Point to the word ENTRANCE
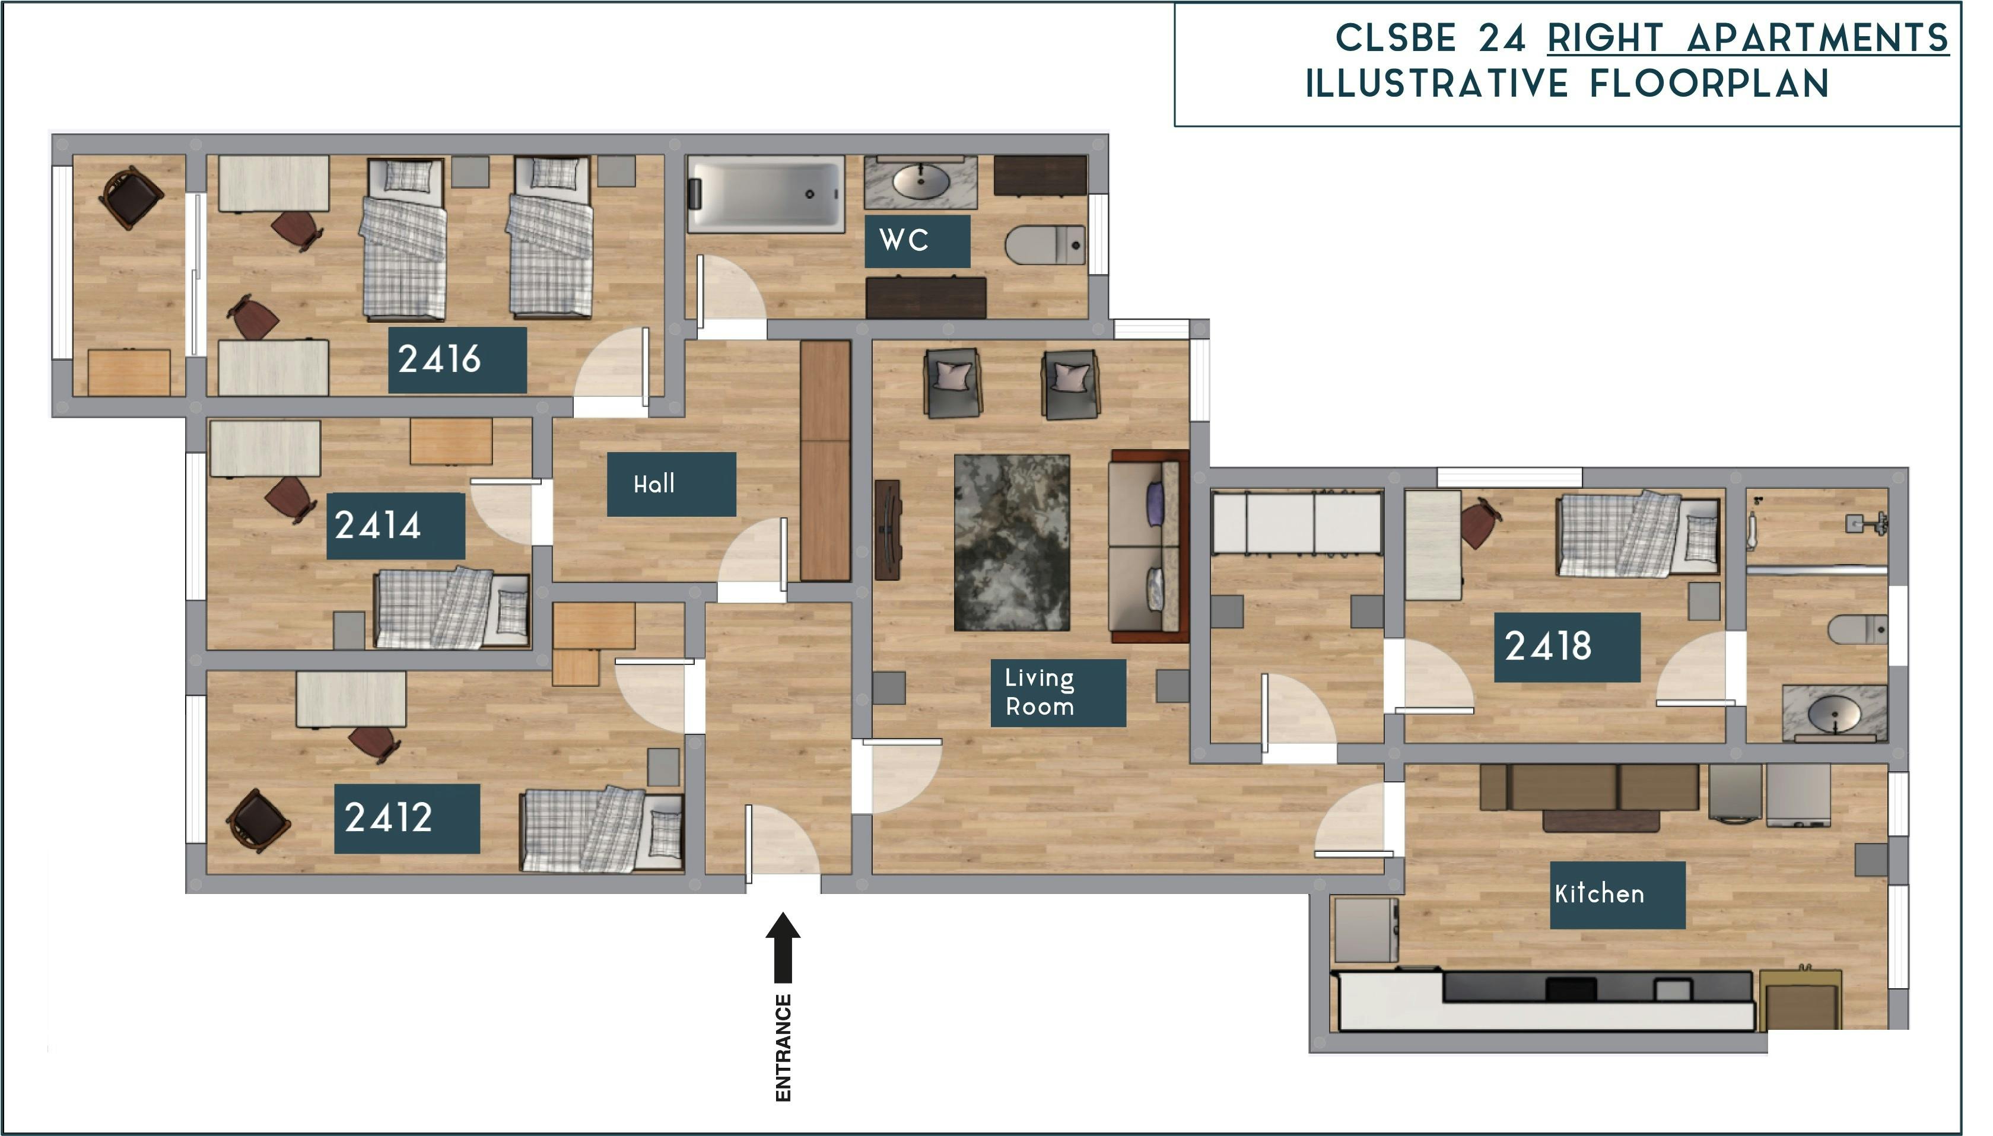coord(783,1047)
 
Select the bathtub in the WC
coord(765,193)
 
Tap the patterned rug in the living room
coord(1011,542)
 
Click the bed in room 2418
coord(1637,534)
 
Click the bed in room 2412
coord(601,829)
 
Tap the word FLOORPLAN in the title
coord(1709,84)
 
